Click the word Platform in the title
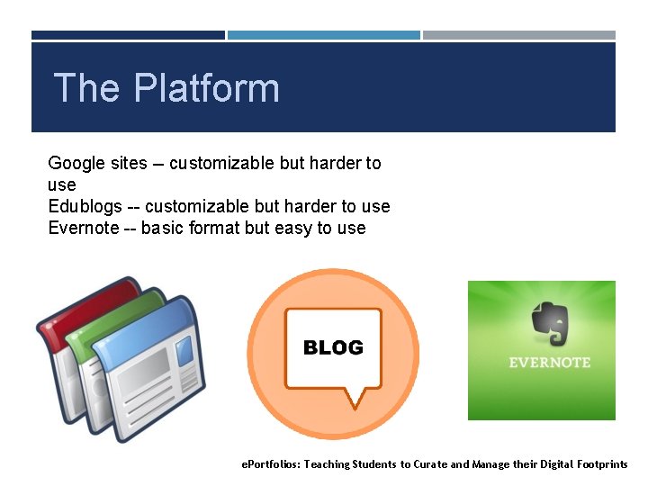(207, 89)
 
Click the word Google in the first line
(76, 164)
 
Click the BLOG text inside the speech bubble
(333, 347)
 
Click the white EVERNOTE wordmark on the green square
(549, 363)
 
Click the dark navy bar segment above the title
(128, 35)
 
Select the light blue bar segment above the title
(323, 35)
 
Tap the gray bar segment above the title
(519, 35)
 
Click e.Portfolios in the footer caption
(270, 464)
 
